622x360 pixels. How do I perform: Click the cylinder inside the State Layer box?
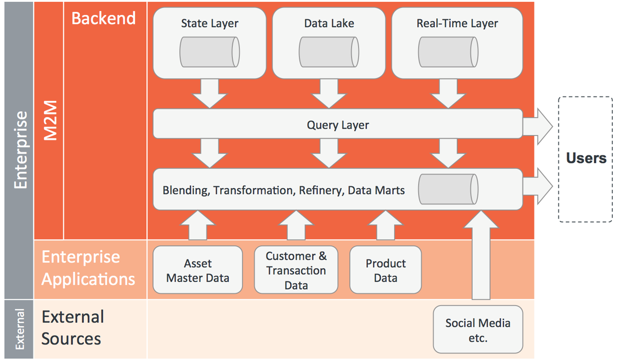pos(209,52)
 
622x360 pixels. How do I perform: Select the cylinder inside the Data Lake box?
pos(329,52)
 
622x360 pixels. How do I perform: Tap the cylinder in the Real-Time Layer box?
pos(448,52)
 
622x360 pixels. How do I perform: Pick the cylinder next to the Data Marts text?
pos(448,189)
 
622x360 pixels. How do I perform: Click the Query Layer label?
pos(338,125)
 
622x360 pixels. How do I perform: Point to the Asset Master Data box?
pos(198,270)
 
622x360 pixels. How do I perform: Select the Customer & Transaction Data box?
pos(296,270)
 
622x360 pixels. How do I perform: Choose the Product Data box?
pos(385,270)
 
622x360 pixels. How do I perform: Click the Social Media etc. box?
pos(478,329)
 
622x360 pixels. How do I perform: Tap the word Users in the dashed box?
pos(586,158)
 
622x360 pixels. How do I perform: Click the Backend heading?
pos(103,18)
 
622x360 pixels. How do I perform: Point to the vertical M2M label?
pos(51,120)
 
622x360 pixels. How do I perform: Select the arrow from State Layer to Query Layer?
pos(209,93)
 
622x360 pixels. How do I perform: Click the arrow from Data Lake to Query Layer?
pos(329,93)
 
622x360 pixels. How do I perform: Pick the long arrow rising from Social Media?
pos(481,255)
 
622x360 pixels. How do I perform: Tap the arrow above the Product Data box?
pos(385,225)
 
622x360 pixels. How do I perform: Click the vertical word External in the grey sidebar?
pos(20,329)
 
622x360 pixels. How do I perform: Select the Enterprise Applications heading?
pos(88,268)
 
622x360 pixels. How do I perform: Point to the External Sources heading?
pos(73,328)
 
